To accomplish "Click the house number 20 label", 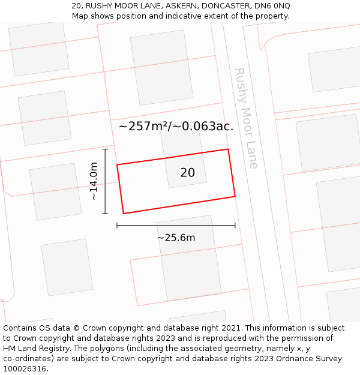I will [x=187, y=173].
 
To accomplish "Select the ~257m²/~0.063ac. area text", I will [x=176, y=127].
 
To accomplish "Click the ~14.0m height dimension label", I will [x=94, y=181].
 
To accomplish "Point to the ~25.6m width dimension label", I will [x=176, y=238].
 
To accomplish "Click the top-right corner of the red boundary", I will [x=228, y=149].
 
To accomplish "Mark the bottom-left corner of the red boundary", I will [x=124, y=213].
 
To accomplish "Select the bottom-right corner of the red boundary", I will [x=235, y=196].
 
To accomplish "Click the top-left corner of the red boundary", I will [x=117, y=164].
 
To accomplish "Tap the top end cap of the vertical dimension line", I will [x=106, y=149].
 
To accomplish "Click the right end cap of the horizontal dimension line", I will [x=235, y=226].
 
